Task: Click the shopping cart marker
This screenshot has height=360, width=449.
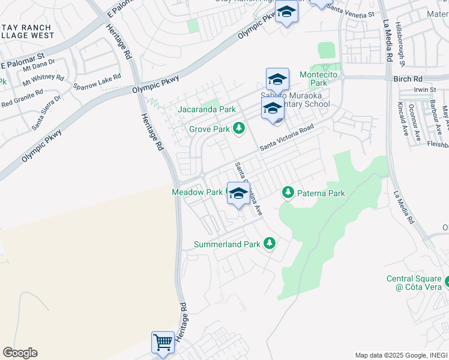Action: (163, 343)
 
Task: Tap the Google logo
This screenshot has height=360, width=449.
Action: (20, 353)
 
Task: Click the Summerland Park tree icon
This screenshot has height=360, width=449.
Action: (270, 243)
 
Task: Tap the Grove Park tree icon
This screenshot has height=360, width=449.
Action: (239, 128)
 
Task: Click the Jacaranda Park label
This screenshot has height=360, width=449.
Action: (206, 110)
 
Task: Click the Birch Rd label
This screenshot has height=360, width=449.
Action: (408, 79)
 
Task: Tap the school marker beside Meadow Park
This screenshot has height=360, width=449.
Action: (238, 194)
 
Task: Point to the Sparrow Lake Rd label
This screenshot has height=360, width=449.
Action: (97, 82)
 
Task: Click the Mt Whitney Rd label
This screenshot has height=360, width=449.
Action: (43, 79)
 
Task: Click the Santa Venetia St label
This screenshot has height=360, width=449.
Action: (353, 13)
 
